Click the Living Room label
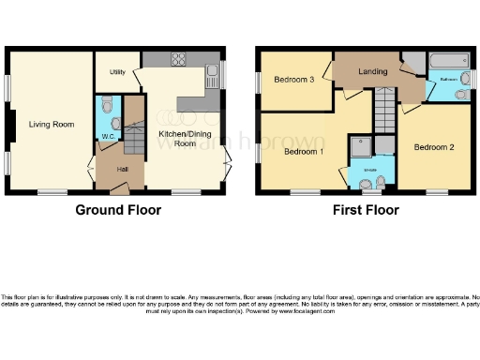pyautogui.click(x=51, y=124)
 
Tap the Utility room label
pyautogui.click(x=117, y=71)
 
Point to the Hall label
pyautogui.click(x=123, y=169)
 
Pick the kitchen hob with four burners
pyautogui.click(x=178, y=59)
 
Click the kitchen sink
pyautogui.click(x=213, y=71)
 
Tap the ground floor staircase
pyautogui.click(x=134, y=123)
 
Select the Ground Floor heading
pyautogui.click(x=117, y=210)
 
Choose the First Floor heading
pyautogui.click(x=366, y=210)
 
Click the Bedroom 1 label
pyautogui.click(x=304, y=151)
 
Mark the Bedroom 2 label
pyautogui.click(x=434, y=147)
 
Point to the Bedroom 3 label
pyautogui.click(x=293, y=80)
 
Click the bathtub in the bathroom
pyautogui.click(x=449, y=62)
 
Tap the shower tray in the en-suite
pyautogui.click(x=360, y=146)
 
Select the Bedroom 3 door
pyautogui.click(x=328, y=73)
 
